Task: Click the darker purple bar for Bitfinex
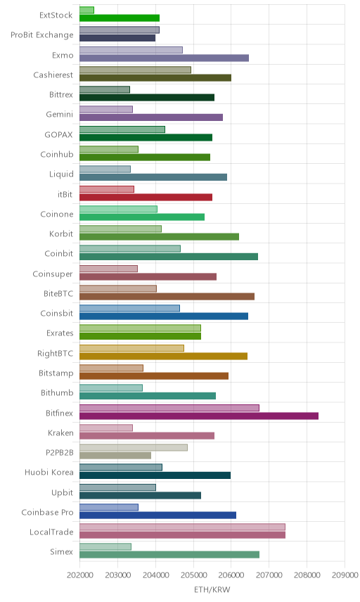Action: click(199, 416)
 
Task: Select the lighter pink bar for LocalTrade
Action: click(182, 527)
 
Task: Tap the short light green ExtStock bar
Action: click(86, 10)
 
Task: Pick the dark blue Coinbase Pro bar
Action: click(157, 515)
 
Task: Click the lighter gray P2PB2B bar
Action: click(134, 447)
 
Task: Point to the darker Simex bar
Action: click(169, 555)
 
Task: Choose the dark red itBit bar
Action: click(146, 198)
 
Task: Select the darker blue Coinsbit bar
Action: click(164, 316)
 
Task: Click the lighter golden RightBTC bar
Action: click(131, 348)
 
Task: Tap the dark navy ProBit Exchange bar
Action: click(117, 38)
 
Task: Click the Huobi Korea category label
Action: click(49, 472)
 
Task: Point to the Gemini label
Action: click(59, 115)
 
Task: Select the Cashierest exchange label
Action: click(53, 75)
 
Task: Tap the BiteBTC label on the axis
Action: click(58, 294)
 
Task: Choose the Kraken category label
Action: click(60, 433)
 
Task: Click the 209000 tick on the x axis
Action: click(345, 575)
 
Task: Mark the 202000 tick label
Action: click(79, 575)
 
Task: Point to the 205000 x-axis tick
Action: click(193, 575)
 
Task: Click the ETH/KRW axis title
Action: click(212, 590)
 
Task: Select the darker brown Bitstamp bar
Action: click(154, 376)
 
